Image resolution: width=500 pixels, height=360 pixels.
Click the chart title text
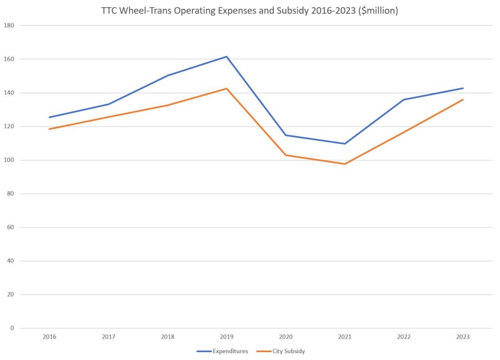250,11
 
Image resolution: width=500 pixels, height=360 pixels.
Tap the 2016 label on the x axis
49,337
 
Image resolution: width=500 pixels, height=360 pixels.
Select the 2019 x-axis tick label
227,337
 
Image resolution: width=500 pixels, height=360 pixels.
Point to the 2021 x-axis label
345,337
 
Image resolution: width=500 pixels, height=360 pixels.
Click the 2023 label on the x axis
463,337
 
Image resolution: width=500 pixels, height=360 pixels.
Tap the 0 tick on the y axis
12,328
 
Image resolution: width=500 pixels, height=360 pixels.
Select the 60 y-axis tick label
10,227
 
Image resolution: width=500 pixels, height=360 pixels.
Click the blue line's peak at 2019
227,57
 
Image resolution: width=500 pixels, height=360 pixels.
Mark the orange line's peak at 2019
227,89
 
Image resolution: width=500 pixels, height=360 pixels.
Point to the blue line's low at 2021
345,143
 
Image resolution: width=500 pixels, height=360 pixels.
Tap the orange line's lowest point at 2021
345,164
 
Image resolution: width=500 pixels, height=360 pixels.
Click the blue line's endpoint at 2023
463,88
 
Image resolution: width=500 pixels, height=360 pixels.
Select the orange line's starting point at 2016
49,129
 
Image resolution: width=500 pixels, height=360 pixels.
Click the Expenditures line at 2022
404,100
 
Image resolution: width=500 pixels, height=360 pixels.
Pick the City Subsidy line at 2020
286,155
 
